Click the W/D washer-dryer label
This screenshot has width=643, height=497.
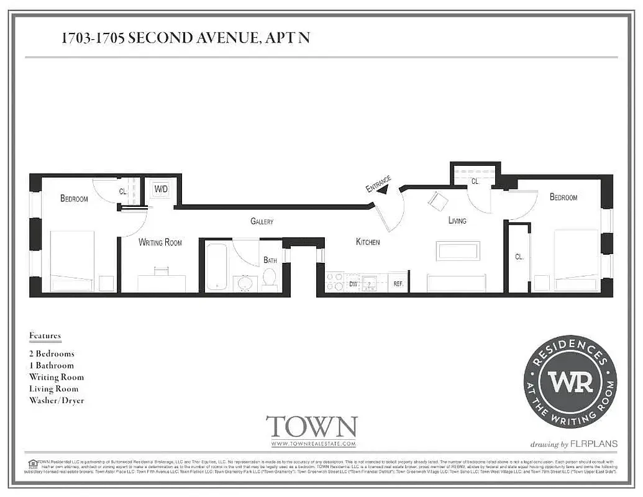(161, 188)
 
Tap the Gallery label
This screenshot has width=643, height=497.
(262, 221)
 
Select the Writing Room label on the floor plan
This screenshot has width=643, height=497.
(160, 242)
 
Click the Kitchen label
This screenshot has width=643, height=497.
(368, 242)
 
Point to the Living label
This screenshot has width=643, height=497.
(457, 221)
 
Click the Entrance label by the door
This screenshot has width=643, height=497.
(378, 184)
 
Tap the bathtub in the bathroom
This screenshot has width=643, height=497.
(217, 266)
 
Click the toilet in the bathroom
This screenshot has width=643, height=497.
(270, 280)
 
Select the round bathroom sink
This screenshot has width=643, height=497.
(246, 283)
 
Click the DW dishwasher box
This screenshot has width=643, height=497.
(353, 283)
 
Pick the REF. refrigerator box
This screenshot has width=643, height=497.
(398, 283)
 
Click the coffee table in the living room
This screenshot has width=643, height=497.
(458, 250)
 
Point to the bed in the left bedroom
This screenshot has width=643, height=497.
(71, 261)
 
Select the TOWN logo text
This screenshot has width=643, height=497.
(312, 427)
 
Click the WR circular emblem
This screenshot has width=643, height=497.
(570, 381)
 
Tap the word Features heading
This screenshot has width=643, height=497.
(45, 335)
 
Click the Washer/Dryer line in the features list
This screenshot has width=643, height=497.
(57, 401)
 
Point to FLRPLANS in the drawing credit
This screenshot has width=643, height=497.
(595, 444)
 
